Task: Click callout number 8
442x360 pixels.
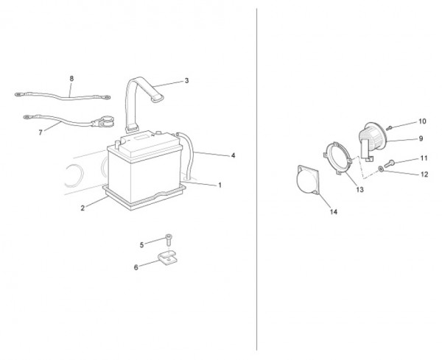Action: point(71,79)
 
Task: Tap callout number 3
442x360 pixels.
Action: point(186,81)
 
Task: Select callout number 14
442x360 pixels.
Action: point(334,212)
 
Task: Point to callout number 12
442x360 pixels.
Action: point(424,174)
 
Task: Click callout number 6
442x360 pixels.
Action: point(136,267)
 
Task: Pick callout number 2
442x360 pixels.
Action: point(83,208)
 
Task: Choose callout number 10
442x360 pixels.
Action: point(422,121)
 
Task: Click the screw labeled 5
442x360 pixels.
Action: point(169,239)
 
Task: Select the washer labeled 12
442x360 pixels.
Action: point(381,169)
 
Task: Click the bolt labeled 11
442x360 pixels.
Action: point(389,163)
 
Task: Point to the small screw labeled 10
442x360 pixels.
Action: point(389,128)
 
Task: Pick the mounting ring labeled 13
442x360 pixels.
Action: point(338,158)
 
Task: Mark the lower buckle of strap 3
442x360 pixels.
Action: point(132,130)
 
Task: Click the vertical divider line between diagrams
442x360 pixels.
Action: point(256,180)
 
